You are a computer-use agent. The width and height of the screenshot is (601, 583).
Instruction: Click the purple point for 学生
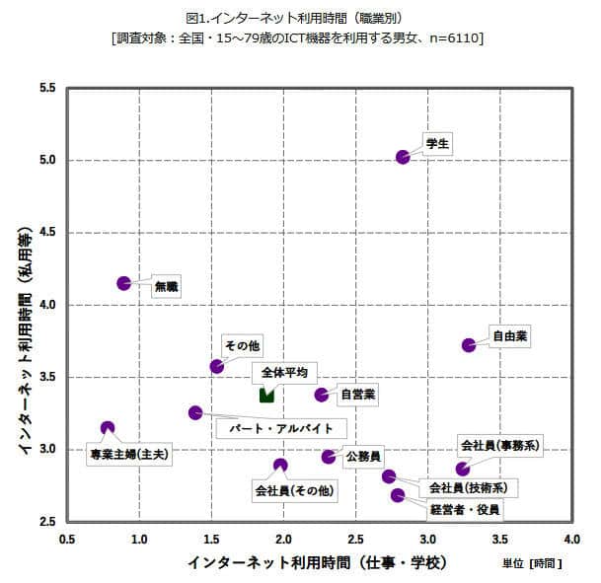click(x=403, y=157)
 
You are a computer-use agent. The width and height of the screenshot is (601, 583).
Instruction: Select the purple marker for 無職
click(x=124, y=283)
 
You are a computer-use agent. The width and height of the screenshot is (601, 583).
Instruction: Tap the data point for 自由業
click(x=469, y=345)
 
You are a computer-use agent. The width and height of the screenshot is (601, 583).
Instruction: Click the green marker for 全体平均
click(x=266, y=395)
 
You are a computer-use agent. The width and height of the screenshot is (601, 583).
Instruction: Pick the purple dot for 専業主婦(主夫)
click(x=108, y=428)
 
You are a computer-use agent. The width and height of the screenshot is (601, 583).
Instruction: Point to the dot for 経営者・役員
click(x=398, y=495)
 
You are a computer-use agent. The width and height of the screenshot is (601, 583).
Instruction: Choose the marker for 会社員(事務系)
click(x=463, y=469)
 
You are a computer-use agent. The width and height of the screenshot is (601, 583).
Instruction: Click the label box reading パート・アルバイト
click(x=281, y=429)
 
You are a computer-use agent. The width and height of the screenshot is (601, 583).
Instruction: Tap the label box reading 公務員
click(x=363, y=458)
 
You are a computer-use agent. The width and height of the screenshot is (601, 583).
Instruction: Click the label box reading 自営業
click(x=357, y=395)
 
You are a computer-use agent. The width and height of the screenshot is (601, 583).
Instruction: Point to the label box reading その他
click(x=242, y=345)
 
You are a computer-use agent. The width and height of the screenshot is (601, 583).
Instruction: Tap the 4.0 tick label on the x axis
click(x=571, y=540)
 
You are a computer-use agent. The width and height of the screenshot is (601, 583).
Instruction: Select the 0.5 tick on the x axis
click(x=67, y=540)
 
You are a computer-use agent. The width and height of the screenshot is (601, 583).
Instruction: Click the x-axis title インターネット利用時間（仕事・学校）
click(x=317, y=562)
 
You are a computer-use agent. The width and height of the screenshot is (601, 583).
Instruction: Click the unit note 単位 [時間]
click(x=532, y=564)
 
